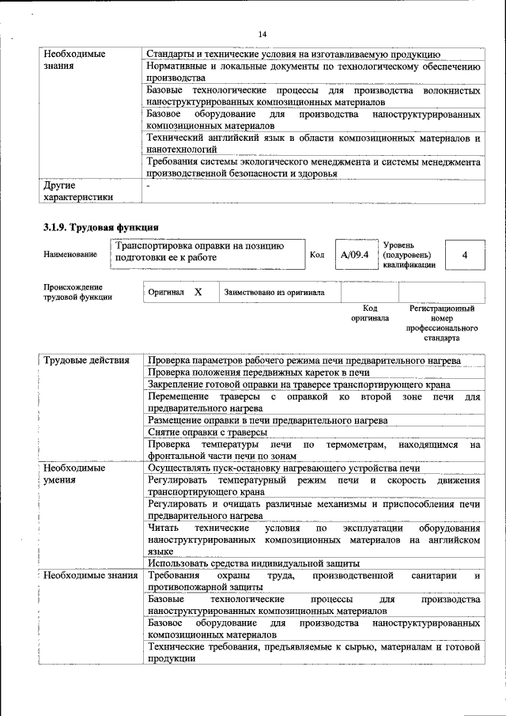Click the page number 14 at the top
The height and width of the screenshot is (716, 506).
pyautogui.click(x=262, y=34)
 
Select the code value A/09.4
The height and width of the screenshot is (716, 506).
pyautogui.click(x=354, y=255)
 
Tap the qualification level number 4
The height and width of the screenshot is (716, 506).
pyautogui.click(x=464, y=255)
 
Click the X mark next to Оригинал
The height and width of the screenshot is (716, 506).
pyautogui.click(x=198, y=292)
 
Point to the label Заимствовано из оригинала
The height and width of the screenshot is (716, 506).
pyautogui.click(x=274, y=293)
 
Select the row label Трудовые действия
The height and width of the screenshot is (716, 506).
pyautogui.click(x=86, y=361)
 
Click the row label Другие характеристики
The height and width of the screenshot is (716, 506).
pyautogui.click(x=78, y=191)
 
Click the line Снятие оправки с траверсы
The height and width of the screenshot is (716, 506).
pyautogui.click(x=207, y=432)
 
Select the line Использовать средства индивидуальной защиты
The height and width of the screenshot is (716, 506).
pyautogui.click(x=248, y=563)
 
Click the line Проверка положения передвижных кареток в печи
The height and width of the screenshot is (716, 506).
pyautogui.click(x=259, y=373)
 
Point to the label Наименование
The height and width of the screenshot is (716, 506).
pyautogui.click(x=70, y=255)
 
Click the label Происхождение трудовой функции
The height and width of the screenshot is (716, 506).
pyautogui.click(x=77, y=292)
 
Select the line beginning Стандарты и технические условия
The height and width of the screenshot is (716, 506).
pyautogui.click(x=293, y=54)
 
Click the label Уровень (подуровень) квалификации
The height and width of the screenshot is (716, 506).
pyautogui.click(x=407, y=255)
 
